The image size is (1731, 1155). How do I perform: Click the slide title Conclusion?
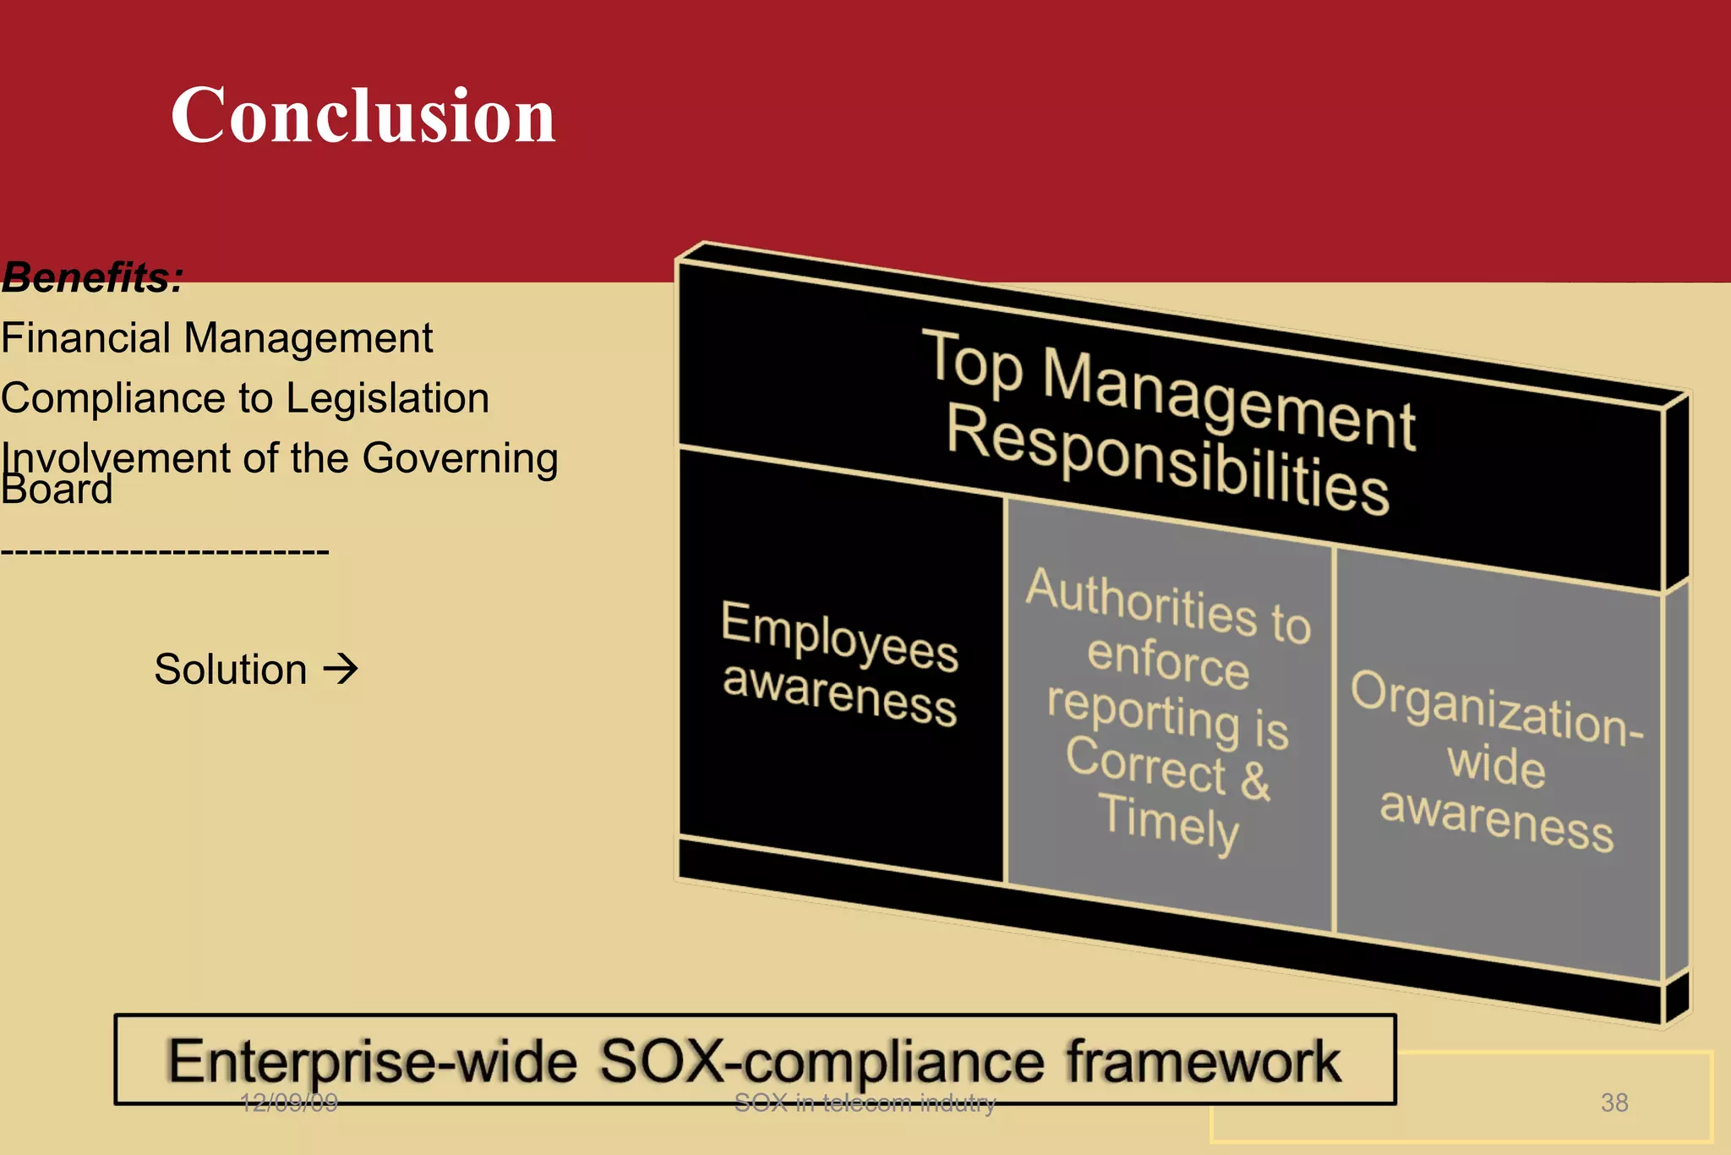click(363, 116)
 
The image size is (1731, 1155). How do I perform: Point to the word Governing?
click(460, 459)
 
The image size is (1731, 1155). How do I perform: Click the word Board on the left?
click(57, 490)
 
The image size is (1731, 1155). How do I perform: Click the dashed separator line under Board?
click(165, 552)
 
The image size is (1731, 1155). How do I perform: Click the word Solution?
click(230, 670)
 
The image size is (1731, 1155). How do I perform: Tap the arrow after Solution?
click(341, 669)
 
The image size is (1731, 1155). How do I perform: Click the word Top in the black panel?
click(972, 364)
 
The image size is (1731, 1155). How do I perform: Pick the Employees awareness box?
click(839, 664)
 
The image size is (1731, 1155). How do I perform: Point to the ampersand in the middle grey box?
click(1255, 780)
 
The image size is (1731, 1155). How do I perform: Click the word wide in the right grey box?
click(1496, 765)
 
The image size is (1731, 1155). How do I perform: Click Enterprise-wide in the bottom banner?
click(372, 1062)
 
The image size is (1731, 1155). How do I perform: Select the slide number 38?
click(1614, 1103)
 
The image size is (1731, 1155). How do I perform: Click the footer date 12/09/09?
click(288, 1103)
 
